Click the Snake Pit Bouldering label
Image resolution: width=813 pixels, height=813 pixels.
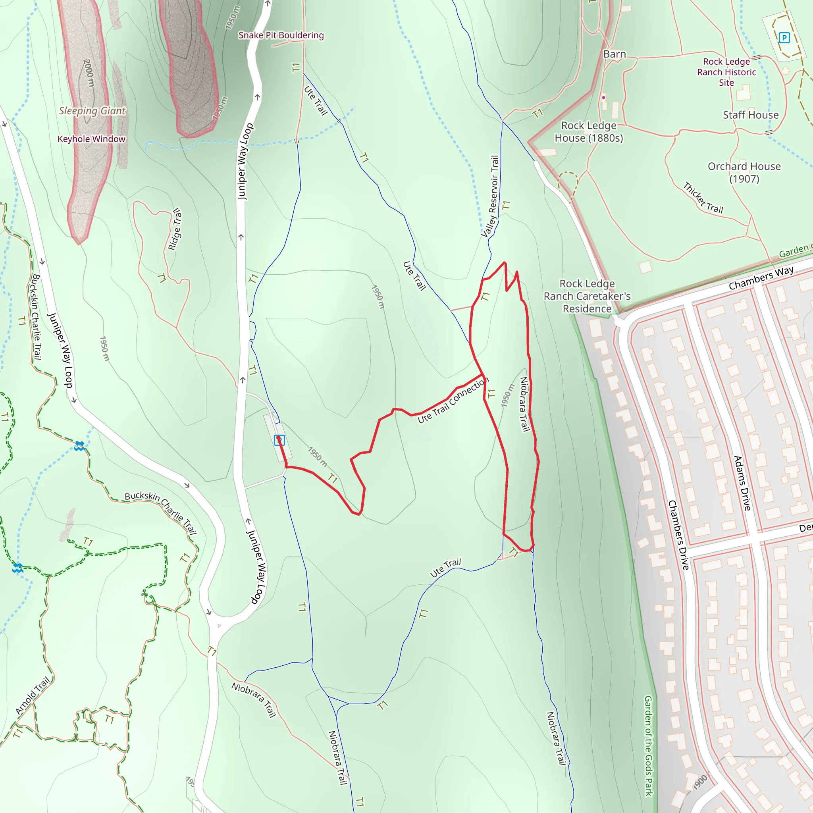[281, 35]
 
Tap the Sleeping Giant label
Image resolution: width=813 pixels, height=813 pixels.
[92, 111]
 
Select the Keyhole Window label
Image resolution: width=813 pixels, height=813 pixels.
[91, 139]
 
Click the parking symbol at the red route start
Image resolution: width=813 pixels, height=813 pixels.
[279, 440]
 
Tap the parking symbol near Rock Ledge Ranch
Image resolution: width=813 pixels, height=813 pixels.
[784, 38]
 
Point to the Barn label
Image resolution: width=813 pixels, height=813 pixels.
[615, 54]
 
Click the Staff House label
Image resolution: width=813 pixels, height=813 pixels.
[750, 115]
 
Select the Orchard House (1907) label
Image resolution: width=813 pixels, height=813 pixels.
[744, 173]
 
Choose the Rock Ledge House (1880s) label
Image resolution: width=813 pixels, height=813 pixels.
[588, 132]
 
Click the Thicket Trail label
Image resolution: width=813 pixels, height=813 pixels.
[703, 198]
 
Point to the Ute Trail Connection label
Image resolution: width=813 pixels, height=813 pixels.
[453, 400]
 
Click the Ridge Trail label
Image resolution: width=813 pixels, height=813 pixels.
[175, 229]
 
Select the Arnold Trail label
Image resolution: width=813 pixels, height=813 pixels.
[33, 695]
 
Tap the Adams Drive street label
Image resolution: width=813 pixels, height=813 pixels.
[742, 483]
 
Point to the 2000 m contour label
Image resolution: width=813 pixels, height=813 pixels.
[89, 73]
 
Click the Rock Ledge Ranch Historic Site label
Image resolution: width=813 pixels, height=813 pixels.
[726, 72]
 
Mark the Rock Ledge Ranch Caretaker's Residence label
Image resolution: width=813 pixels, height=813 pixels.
[587, 296]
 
